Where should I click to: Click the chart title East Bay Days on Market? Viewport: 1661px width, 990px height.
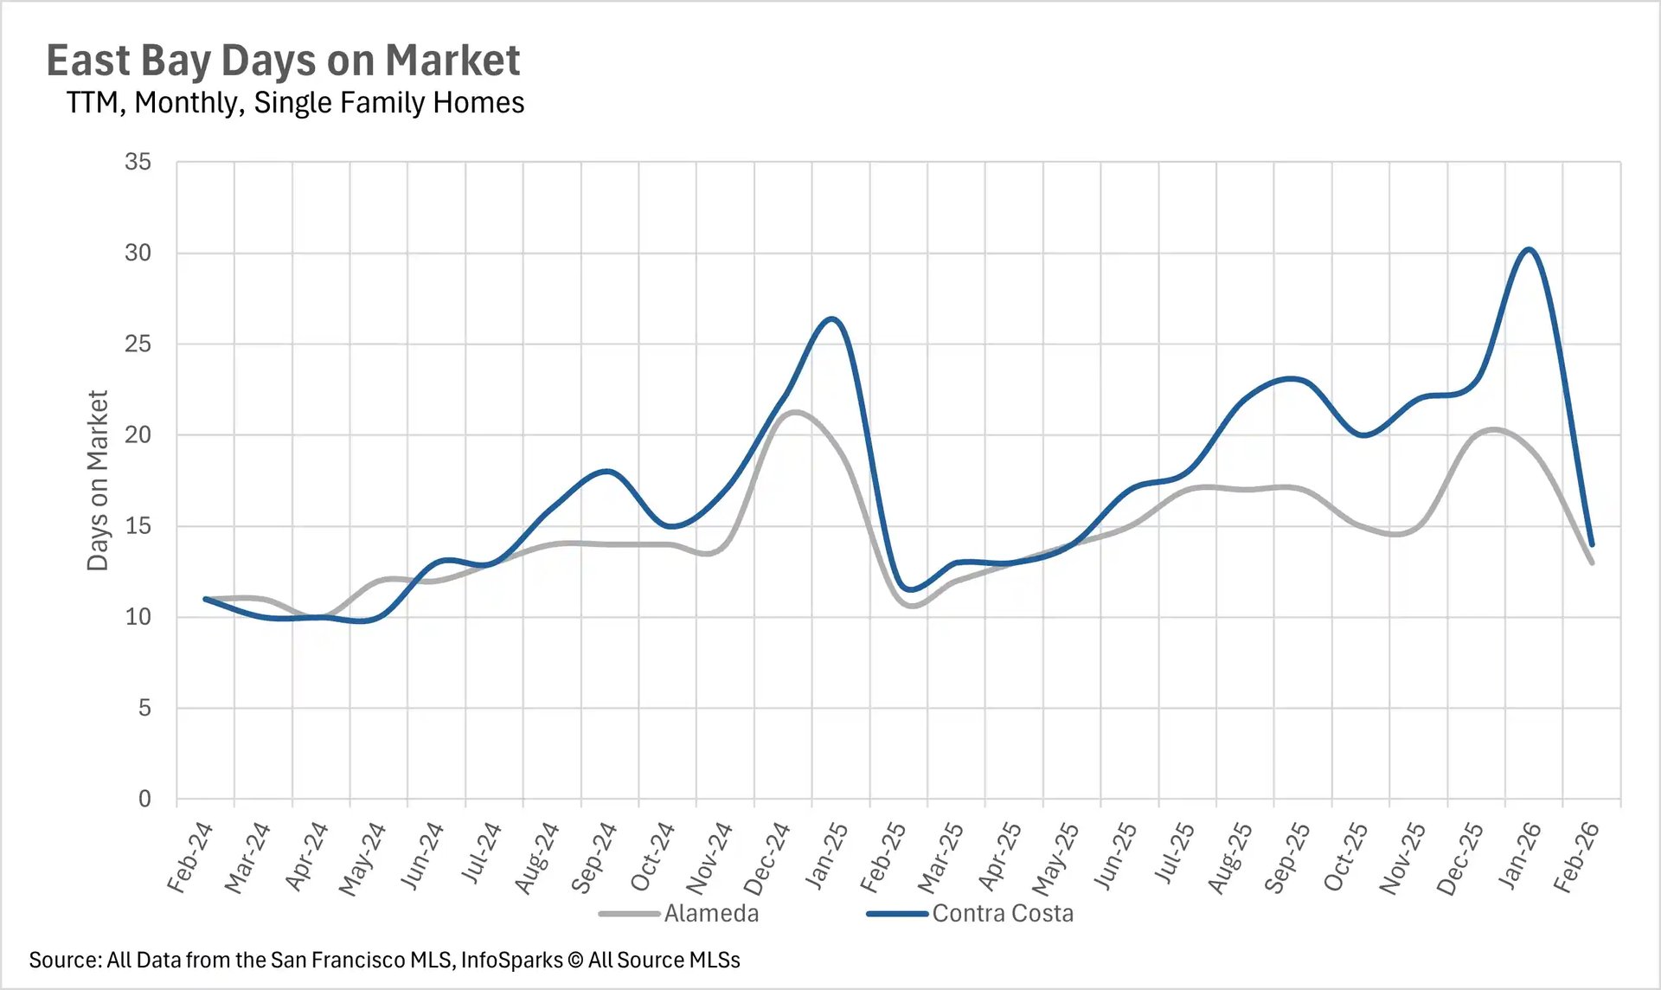(283, 61)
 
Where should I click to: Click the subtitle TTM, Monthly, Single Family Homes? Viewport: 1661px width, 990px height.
(295, 102)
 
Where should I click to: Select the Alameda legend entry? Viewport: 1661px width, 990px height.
(710, 913)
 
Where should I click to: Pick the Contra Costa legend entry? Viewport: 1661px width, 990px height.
(1002, 913)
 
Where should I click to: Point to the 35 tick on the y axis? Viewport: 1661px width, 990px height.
(138, 162)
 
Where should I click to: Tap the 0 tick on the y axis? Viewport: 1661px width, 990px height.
(144, 799)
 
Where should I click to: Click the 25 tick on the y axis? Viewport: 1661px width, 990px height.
(138, 344)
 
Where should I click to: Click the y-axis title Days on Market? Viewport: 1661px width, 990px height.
(98, 480)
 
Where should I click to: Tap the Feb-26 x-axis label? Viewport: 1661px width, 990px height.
(1576, 857)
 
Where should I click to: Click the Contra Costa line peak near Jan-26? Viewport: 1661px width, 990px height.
(1530, 249)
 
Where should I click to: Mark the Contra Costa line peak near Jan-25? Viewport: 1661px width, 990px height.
(831, 318)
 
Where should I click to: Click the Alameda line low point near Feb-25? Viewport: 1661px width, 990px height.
(914, 606)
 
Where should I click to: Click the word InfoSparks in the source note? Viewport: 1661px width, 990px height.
(511, 960)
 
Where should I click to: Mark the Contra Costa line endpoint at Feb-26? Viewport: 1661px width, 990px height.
(1592, 545)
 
